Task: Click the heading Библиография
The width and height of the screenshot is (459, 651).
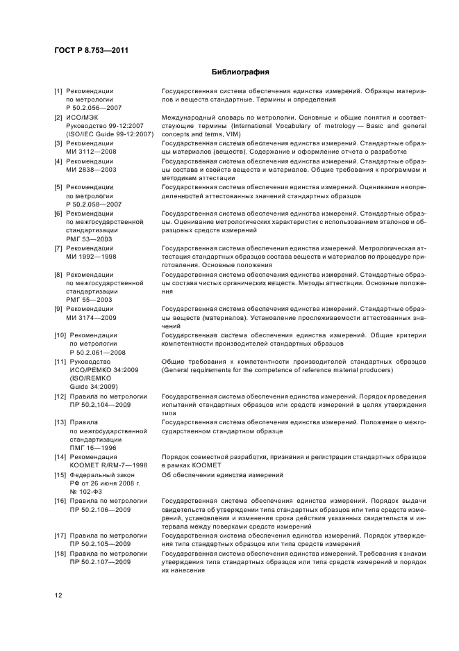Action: tap(240, 72)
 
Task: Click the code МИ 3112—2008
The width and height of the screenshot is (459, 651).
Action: tap(91, 152)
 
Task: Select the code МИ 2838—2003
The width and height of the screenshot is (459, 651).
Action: tap(91, 169)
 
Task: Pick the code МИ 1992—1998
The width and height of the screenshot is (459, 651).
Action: tap(91, 256)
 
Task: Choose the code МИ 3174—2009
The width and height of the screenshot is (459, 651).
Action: tap(91, 317)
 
